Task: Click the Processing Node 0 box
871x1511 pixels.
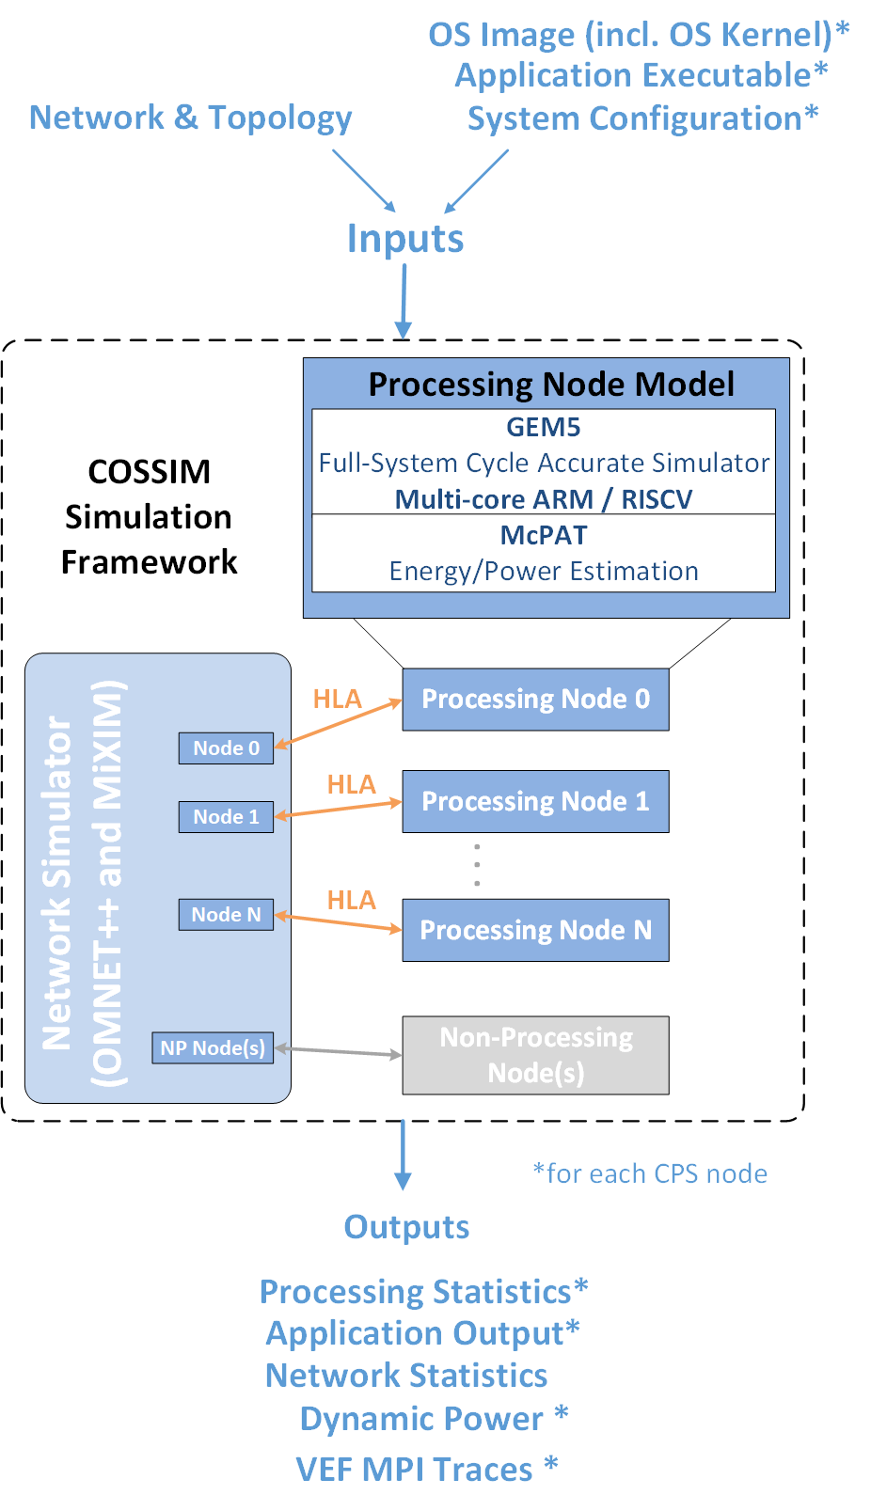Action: [x=535, y=700]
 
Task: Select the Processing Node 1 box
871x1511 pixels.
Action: [x=535, y=801]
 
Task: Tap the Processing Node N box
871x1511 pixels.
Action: [x=535, y=930]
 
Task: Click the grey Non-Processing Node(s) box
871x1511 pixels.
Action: [x=535, y=1055]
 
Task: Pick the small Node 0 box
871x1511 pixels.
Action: [x=226, y=748]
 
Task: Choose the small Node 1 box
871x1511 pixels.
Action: [x=226, y=817]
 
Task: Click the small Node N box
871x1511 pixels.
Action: [x=226, y=915]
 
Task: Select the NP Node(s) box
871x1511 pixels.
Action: [x=213, y=1048]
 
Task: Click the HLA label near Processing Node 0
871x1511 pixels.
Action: [x=337, y=700]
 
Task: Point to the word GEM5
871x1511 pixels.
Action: [x=544, y=427]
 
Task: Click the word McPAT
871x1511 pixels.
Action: [x=544, y=535]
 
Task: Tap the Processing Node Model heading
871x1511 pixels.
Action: [x=551, y=385]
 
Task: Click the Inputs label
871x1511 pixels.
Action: [x=405, y=239]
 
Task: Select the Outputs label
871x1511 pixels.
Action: [x=406, y=1227]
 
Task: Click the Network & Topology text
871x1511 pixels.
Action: [x=191, y=118]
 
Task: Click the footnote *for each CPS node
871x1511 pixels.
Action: [x=650, y=1173]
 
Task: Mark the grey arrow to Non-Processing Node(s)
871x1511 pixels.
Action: [x=339, y=1052]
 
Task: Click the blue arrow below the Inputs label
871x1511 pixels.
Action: [x=404, y=301]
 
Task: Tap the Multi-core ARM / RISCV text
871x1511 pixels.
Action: [x=544, y=499]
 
